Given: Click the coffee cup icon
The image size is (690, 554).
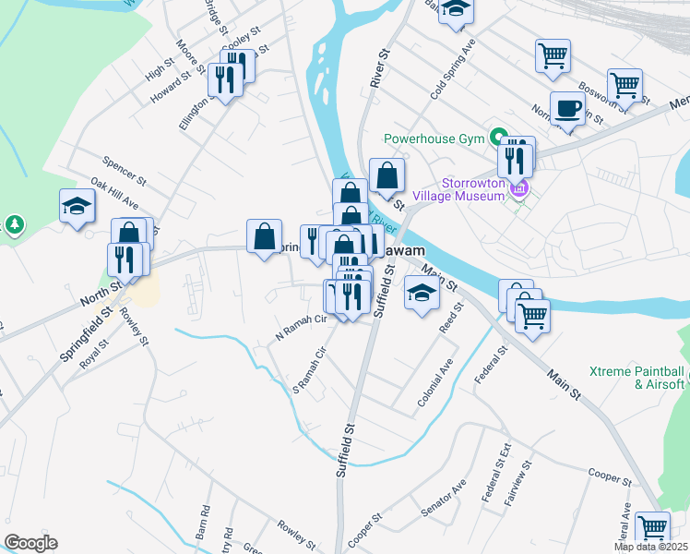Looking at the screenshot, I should pyautogui.click(x=567, y=110).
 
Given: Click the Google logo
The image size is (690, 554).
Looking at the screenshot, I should pyautogui.click(x=30, y=543).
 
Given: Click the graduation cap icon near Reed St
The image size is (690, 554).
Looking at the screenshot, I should pyautogui.click(x=422, y=295).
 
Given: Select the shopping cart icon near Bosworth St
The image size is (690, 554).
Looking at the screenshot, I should pyautogui.click(x=625, y=85).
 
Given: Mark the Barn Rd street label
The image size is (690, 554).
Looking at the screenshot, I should pyautogui.click(x=205, y=522).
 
